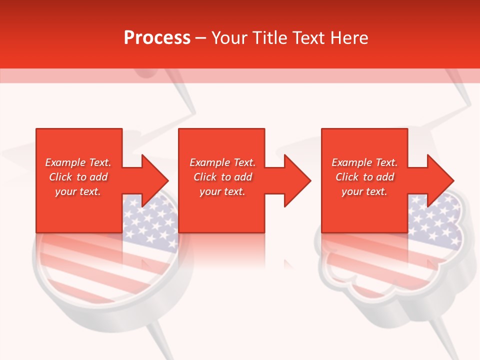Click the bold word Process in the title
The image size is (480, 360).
(157, 38)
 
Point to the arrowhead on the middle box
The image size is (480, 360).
(296, 180)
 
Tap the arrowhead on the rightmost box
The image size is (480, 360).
(439, 180)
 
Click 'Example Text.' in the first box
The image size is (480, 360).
(78, 162)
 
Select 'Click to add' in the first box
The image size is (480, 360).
(78, 177)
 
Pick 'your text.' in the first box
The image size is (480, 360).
(78, 191)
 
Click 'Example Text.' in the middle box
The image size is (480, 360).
(222, 162)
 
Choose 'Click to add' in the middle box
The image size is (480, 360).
(222, 177)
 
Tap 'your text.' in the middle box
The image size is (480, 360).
(222, 191)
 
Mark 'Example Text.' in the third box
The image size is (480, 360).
(364, 162)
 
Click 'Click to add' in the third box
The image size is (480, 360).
(364, 177)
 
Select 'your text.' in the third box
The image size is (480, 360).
(364, 191)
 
